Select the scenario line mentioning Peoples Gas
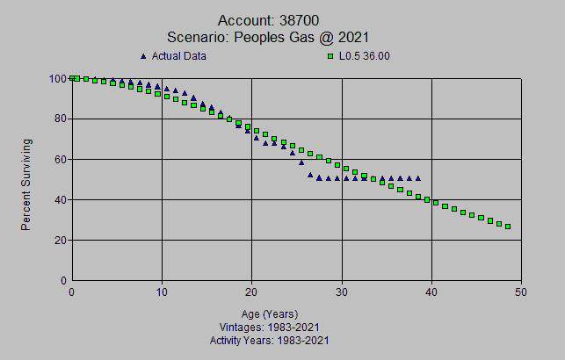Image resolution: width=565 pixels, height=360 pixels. [280, 37]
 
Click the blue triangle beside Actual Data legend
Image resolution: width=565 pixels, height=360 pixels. [143, 56]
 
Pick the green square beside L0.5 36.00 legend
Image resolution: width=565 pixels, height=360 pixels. [330, 56]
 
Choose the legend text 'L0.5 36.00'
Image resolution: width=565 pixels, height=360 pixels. [365, 56]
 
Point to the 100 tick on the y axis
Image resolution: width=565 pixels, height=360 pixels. [57, 78]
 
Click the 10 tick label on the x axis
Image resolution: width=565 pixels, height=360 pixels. [162, 292]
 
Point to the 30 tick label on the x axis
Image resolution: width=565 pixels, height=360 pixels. [342, 292]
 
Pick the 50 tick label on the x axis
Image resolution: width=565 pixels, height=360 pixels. [521, 292]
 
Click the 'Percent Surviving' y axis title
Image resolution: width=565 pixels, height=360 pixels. [26, 184]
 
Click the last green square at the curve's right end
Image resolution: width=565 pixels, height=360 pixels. [508, 227]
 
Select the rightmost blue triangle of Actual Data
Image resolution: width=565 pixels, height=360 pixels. [418, 178]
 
